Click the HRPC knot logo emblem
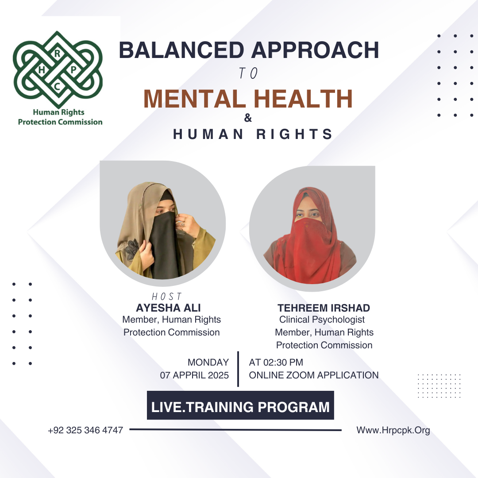coord(58,69)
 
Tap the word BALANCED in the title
coord(182,50)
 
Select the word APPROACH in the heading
coord(315,50)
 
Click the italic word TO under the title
coord(248,73)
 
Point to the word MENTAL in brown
coord(195,99)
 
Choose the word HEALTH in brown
coord(303,99)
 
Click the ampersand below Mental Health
coord(248,118)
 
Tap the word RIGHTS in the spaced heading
coord(294,134)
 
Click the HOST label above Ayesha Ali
coord(167,296)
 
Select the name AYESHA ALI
coord(168,308)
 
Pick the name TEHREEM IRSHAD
coord(324,308)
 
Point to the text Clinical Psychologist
coord(322,320)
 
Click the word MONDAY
coord(208,362)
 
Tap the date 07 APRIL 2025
coord(194,375)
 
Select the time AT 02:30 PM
coord(276,362)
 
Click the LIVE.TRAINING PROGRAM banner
coord(240,405)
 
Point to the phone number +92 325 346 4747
coord(85,430)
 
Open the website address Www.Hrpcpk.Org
coord(393,430)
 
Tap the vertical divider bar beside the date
coord(238,369)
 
